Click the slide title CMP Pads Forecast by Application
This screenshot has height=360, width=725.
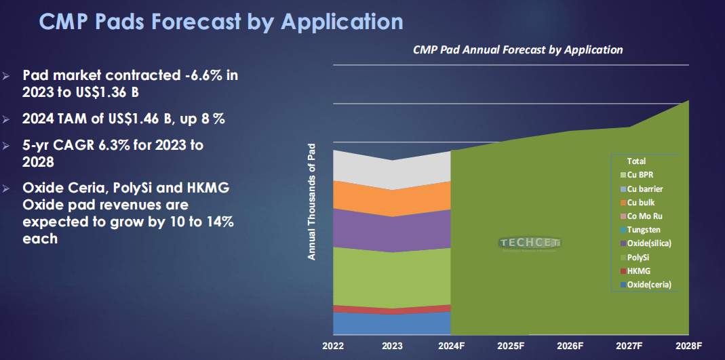[x=221, y=22]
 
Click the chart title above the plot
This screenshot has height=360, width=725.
[x=518, y=49]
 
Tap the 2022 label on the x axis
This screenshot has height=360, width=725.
[x=334, y=346]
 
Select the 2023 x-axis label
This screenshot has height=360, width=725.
[x=392, y=346]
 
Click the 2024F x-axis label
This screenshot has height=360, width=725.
[x=451, y=346]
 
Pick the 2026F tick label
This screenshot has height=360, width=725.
[x=570, y=346]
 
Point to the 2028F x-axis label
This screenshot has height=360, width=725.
[x=688, y=346]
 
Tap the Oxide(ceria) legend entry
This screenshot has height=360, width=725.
[x=646, y=285]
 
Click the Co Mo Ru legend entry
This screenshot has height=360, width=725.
[x=641, y=216]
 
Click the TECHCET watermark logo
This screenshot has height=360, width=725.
[x=530, y=243]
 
